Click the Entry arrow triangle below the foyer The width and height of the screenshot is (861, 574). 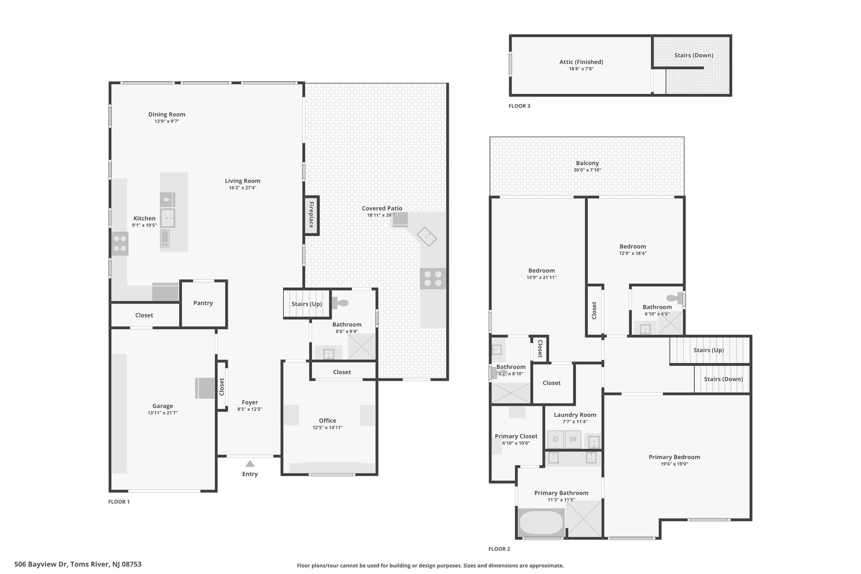click(x=250, y=463)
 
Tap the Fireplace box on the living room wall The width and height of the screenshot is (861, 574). click(x=312, y=215)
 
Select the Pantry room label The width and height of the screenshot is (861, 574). click(x=203, y=303)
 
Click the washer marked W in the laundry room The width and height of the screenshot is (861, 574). click(x=573, y=439)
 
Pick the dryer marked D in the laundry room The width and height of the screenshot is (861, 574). click(x=555, y=439)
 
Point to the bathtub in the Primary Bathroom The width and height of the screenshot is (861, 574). click(x=541, y=522)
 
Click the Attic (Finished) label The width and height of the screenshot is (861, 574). click(x=581, y=62)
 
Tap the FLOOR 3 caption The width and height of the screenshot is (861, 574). click(x=519, y=106)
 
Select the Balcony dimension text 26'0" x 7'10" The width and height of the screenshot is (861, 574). click(x=587, y=170)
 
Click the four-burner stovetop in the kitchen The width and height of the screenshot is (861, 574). click(x=120, y=244)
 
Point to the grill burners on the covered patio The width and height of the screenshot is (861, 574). click(x=433, y=278)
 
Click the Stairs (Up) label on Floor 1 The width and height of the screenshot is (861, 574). click(x=307, y=304)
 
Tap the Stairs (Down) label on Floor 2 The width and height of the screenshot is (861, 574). click(x=723, y=379)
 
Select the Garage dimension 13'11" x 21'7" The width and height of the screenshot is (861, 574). click(x=163, y=413)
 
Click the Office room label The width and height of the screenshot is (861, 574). click(x=327, y=421)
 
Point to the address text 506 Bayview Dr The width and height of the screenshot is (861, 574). click(x=41, y=564)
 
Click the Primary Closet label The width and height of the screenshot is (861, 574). click(x=516, y=436)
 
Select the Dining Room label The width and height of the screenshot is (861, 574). click(x=167, y=114)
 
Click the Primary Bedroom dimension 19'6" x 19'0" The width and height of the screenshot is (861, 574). click(x=674, y=464)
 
